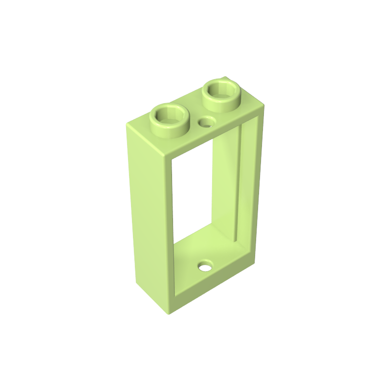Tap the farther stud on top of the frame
tap(222, 91)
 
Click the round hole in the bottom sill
tap(206, 267)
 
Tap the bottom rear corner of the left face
tap(134, 284)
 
